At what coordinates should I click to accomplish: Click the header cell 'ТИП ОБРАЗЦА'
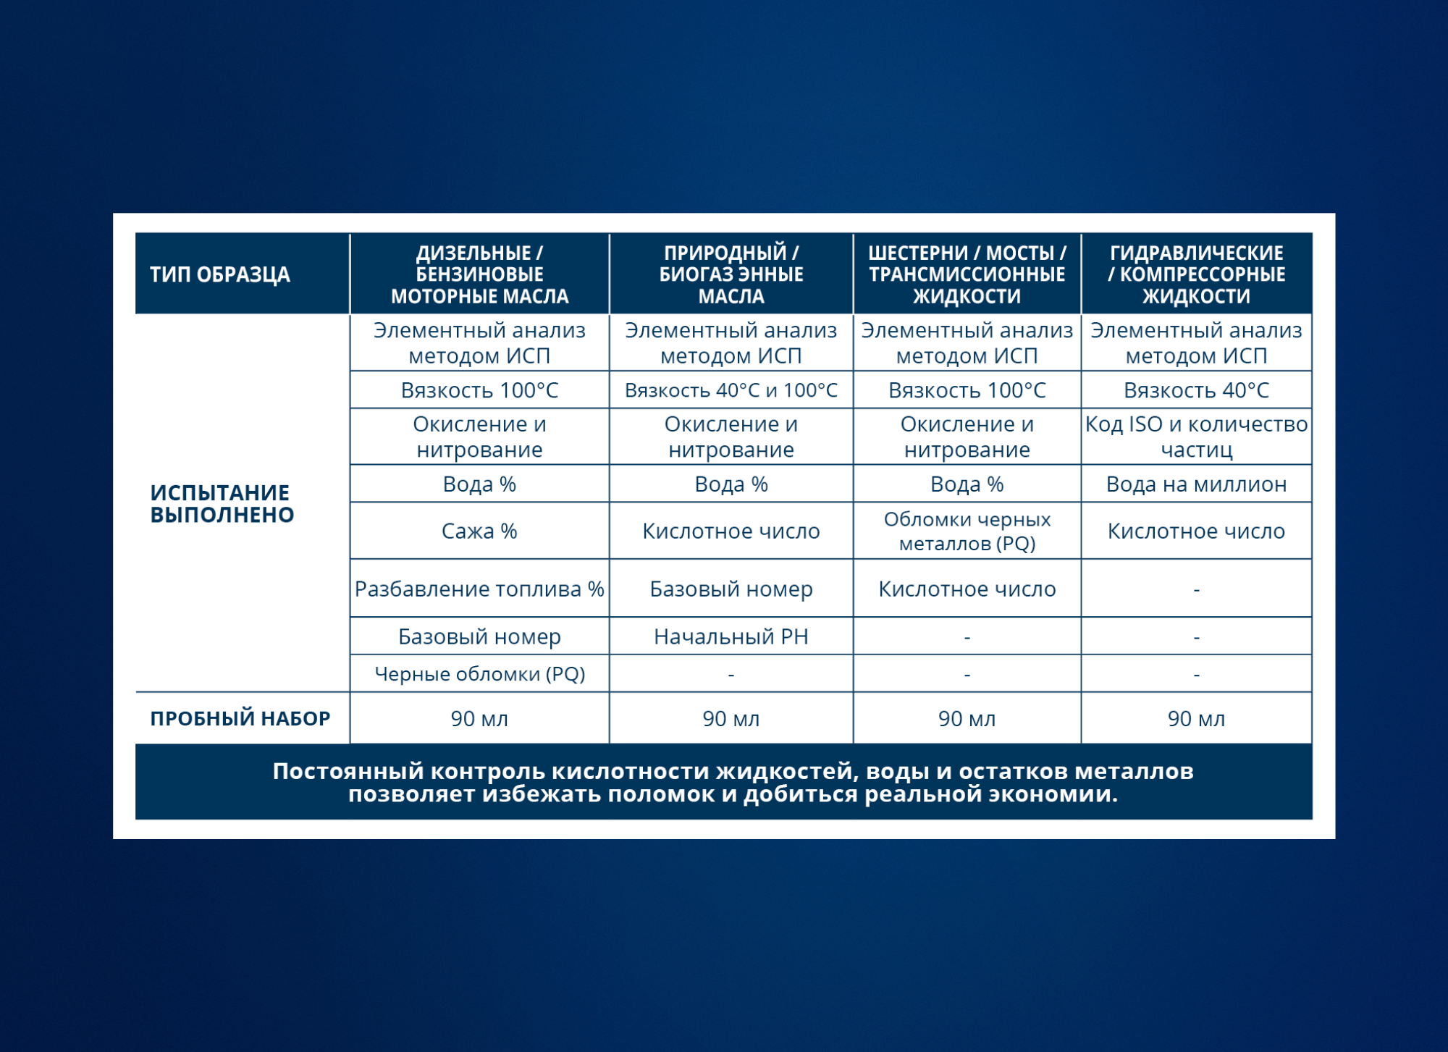tap(219, 274)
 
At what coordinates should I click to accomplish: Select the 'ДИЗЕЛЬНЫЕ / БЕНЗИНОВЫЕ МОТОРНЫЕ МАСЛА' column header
tap(479, 274)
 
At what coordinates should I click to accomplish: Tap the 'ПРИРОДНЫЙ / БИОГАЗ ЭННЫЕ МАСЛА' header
tap(731, 274)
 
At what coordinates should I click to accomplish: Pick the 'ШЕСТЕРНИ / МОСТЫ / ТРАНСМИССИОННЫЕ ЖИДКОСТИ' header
tap(967, 274)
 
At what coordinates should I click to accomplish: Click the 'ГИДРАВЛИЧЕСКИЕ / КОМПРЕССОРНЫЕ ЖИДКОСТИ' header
tap(1197, 274)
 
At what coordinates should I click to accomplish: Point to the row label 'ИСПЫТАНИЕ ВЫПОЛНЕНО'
tap(222, 504)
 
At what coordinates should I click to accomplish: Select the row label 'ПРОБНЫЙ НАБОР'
tap(240, 718)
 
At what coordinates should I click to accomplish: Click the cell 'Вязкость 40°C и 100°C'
tap(731, 390)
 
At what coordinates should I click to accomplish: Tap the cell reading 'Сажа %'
tap(479, 531)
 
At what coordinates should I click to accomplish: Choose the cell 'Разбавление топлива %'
tap(479, 589)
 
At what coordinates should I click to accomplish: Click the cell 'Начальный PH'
tap(731, 636)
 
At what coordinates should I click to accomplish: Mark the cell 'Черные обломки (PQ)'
tap(479, 674)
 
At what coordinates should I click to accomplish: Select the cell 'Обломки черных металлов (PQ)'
tap(967, 531)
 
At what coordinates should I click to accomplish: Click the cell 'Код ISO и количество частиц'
tap(1197, 437)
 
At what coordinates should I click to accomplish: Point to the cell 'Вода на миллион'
tap(1197, 484)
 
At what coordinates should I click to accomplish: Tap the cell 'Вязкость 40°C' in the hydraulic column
tap(1197, 390)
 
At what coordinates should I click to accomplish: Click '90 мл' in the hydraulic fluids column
tap(1197, 719)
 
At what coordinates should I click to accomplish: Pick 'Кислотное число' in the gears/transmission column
tap(967, 589)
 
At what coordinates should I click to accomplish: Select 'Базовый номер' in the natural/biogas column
tap(731, 589)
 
